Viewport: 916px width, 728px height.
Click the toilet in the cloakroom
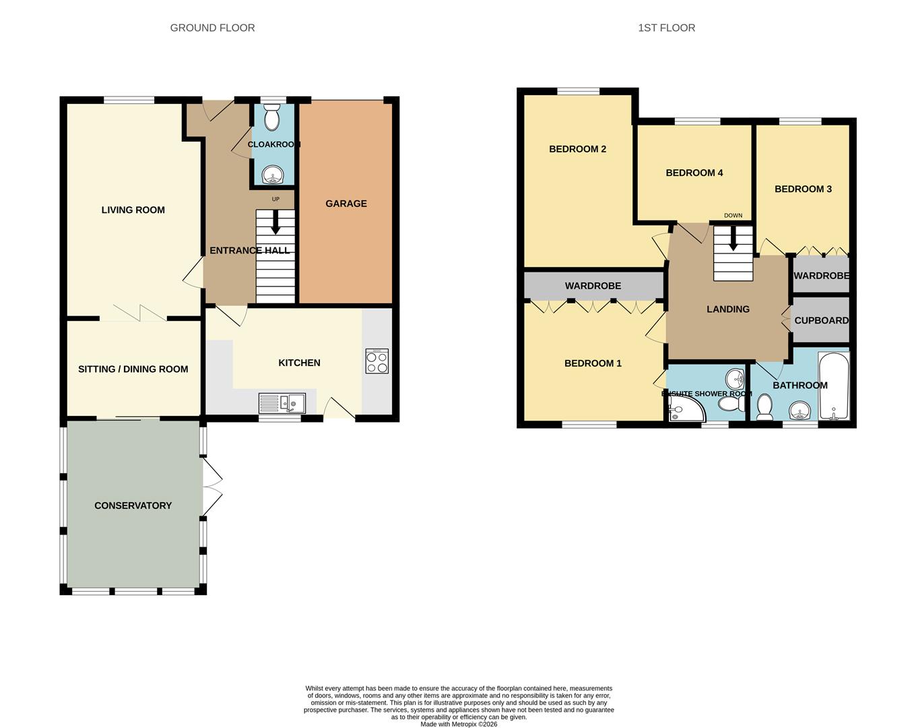[x=272, y=119]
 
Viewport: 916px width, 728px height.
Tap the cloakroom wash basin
[x=273, y=175]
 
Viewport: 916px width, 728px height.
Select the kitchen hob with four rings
[x=377, y=361]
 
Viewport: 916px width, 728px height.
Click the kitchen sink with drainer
[x=282, y=403]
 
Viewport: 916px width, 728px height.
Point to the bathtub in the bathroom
[x=833, y=386]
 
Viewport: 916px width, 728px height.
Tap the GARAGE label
[x=346, y=204]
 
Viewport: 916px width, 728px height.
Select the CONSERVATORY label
[x=133, y=506]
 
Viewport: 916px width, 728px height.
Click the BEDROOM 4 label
[x=694, y=173]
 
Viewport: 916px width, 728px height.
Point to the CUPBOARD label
[x=821, y=320]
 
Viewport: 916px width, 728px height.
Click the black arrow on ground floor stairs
[x=275, y=223]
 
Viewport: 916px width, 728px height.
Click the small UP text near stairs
[x=275, y=199]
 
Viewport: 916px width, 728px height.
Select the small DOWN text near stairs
[x=733, y=216]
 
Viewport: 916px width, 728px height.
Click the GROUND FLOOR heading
[x=212, y=28]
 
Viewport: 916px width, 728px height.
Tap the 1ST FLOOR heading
[x=666, y=28]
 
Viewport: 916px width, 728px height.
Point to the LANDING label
[x=727, y=309]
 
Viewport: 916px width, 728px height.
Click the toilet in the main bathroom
[x=764, y=406]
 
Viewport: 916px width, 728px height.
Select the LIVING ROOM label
[x=133, y=210]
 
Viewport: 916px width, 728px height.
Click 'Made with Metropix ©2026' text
[x=459, y=725]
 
